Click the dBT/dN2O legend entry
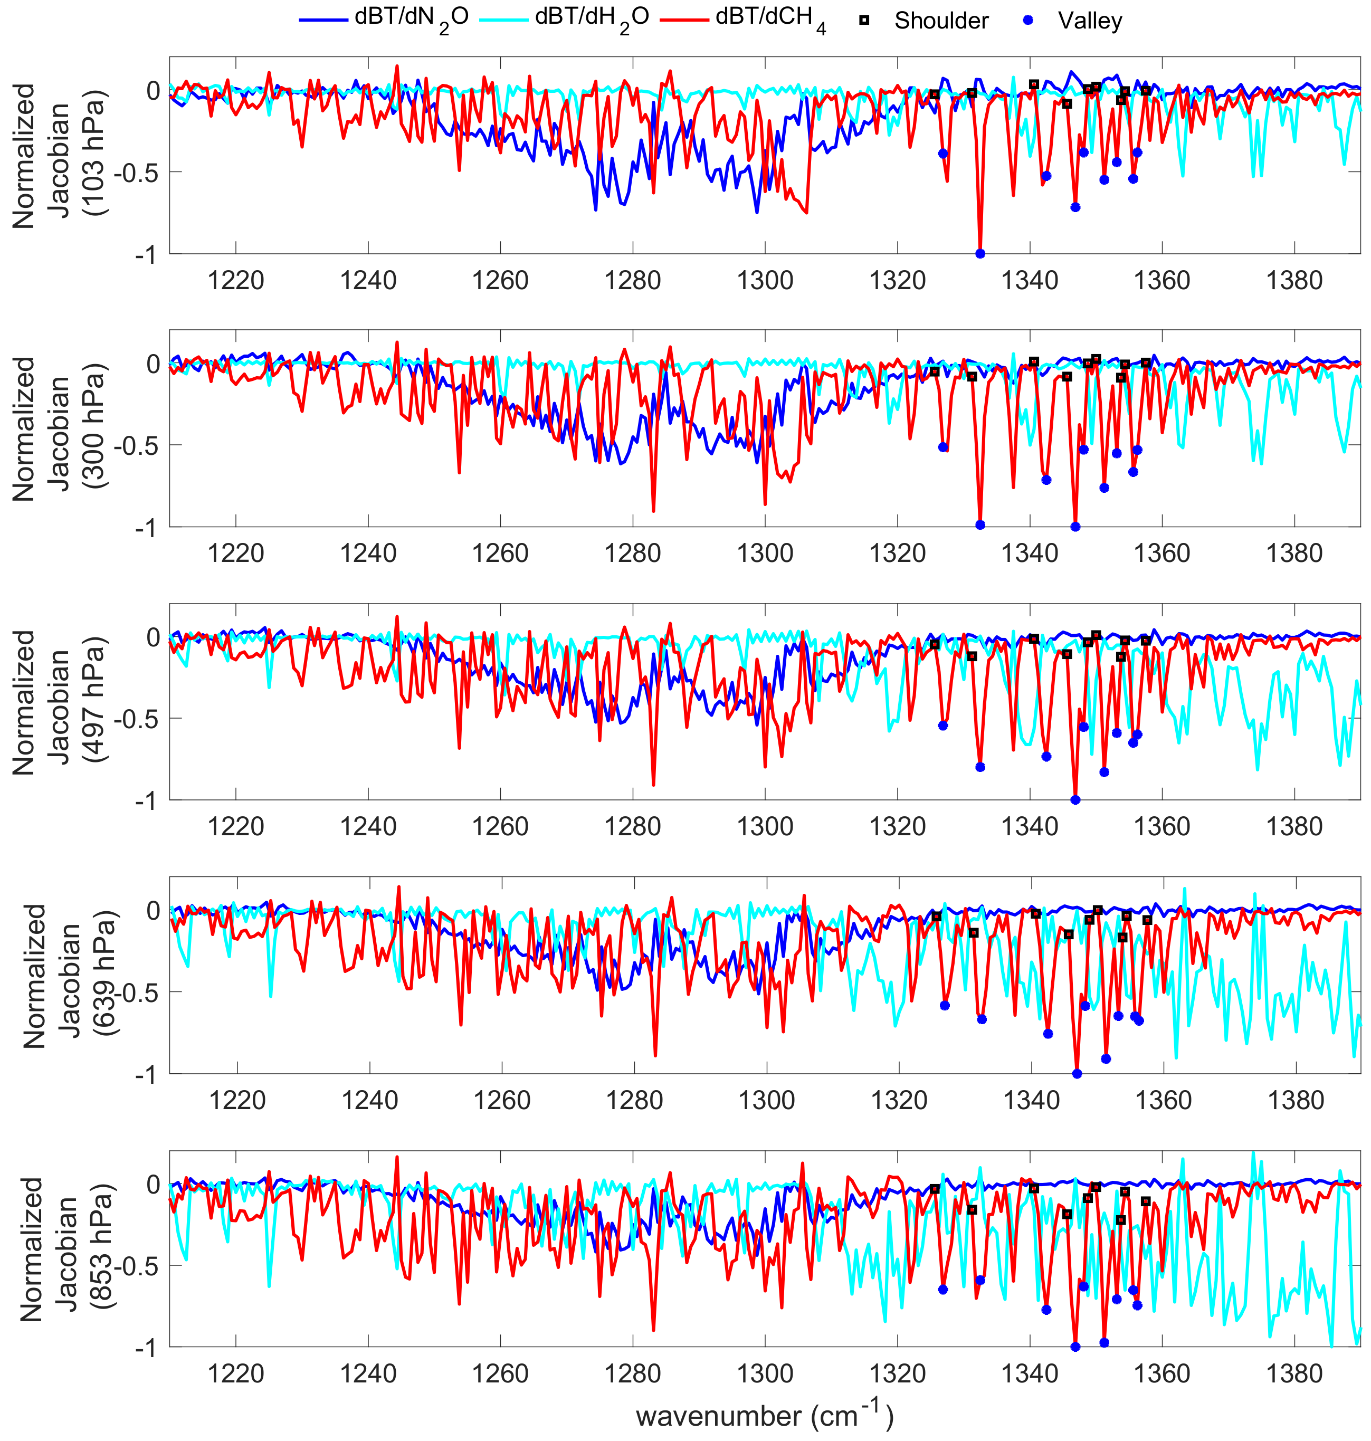[x=384, y=20]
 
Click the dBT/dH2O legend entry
[x=564, y=20]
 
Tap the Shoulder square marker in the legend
[x=864, y=21]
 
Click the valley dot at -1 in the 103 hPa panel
[x=980, y=254]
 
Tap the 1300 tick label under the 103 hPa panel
[x=765, y=281]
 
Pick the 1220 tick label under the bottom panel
[x=235, y=1374]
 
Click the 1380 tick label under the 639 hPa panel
[x=1295, y=1101]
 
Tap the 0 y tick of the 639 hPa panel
[x=154, y=911]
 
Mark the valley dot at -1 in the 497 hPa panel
[x=1075, y=800]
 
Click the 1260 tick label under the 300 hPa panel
[x=500, y=554]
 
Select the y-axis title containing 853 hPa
[x=64, y=1249]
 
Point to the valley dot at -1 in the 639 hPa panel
[x=1077, y=1073]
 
